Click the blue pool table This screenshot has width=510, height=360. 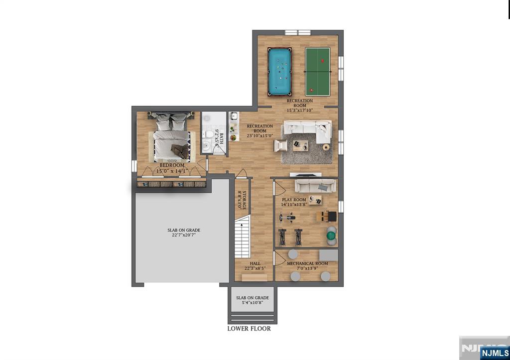click(x=280, y=71)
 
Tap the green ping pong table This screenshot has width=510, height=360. click(x=317, y=71)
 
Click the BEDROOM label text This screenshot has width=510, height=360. click(x=172, y=165)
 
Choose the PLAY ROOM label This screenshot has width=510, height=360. click(x=294, y=200)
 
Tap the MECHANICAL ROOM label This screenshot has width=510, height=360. click(x=307, y=263)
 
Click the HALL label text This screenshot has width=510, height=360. click(x=255, y=263)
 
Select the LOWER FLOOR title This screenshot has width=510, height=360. click(x=249, y=329)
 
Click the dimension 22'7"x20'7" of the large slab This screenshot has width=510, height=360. click(x=184, y=236)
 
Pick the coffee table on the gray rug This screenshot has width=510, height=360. click(x=300, y=145)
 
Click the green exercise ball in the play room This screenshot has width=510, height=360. click(x=331, y=234)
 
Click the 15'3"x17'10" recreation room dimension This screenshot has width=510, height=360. click(x=299, y=111)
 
